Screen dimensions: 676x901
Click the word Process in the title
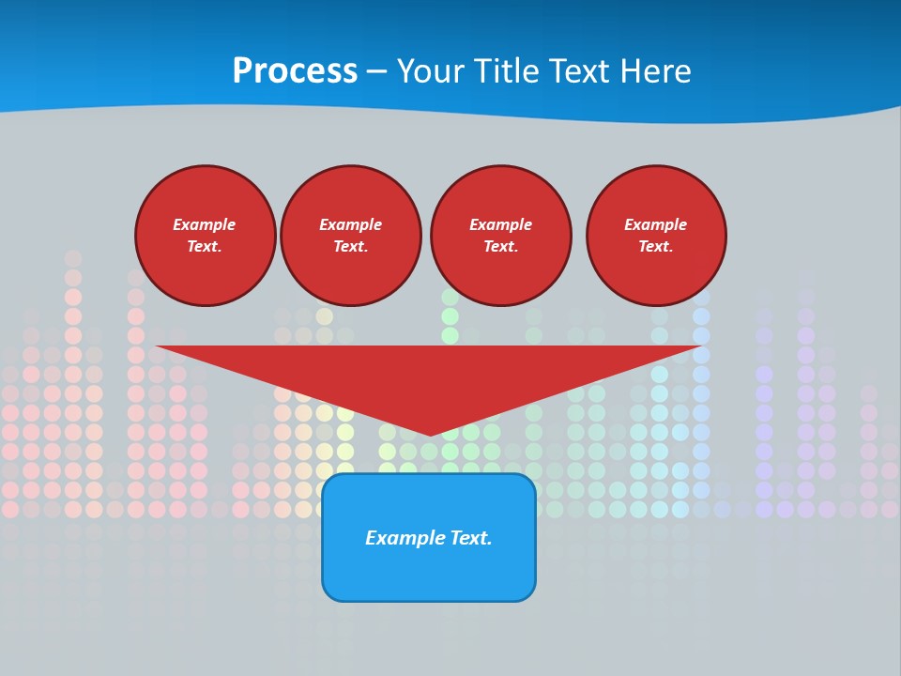tap(295, 71)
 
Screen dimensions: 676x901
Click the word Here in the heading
tap(655, 71)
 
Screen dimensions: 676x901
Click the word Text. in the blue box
tap(471, 538)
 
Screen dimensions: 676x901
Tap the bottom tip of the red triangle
tap(430, 434)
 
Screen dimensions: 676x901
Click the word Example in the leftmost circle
tap(205, 224)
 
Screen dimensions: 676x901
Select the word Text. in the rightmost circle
tap(655, 246)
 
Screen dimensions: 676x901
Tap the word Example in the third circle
tap(500, 224)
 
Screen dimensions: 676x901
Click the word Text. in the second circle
tap(350, 246)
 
